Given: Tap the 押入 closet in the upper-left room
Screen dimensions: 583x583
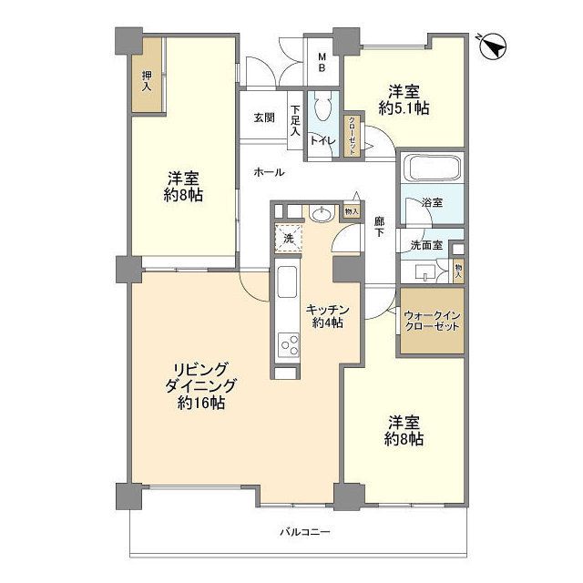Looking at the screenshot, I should [x=147, y=81].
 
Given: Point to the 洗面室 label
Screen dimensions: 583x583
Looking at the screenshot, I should [x=425, y=244].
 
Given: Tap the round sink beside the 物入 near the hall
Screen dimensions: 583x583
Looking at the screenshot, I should [x=321, y=215].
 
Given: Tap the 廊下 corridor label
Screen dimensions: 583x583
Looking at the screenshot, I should [x=379, y=226].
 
